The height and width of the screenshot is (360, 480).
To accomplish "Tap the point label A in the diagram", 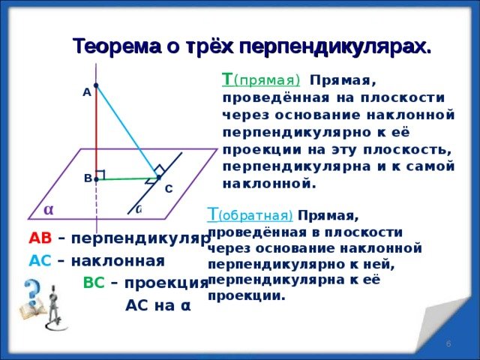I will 87,91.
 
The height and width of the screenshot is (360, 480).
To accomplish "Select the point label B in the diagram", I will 88,178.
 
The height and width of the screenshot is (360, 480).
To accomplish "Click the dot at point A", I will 97,85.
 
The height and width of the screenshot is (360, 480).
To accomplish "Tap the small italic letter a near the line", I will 139,210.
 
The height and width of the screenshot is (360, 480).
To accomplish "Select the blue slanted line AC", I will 127,131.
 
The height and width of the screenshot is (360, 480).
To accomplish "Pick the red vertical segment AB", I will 97,131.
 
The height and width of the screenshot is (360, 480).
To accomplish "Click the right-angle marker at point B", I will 100,175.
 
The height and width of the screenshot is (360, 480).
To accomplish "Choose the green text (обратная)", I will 262,215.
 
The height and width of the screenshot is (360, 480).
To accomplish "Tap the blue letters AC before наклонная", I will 40,261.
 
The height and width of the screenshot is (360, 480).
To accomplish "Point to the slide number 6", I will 448,343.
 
